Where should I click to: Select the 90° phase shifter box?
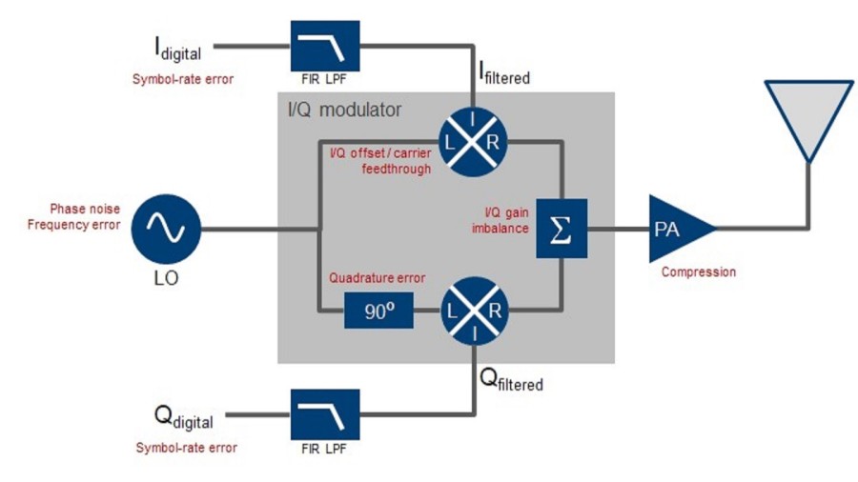(x=378, y=311)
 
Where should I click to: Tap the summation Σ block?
(x=561, y=230)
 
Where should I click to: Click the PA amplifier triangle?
(x=676, y=229)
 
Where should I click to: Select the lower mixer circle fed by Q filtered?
(x=474, y=311)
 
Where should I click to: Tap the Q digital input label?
(x=184, y=417)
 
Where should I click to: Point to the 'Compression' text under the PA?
(x=699, y=272)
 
